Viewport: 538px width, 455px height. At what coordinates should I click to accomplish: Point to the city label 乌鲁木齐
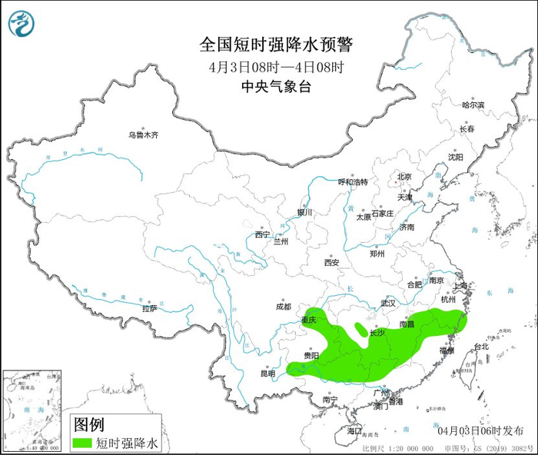click(x=143, y=135)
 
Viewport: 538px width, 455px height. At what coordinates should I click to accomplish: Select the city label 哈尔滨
click(x=473, y=105)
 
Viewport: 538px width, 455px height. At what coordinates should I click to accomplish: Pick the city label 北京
click(x=404, y=177)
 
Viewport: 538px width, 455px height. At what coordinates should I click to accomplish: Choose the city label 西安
click(x=331, y=262)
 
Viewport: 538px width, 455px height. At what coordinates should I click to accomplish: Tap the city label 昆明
click(x=267, y=374)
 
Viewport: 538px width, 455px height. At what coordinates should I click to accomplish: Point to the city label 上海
click(x=461, y=286)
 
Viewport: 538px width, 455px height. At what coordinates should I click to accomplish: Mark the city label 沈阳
click(x=456, y=158)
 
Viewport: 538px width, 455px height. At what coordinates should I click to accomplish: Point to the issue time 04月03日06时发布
click(x=480, y=430)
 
